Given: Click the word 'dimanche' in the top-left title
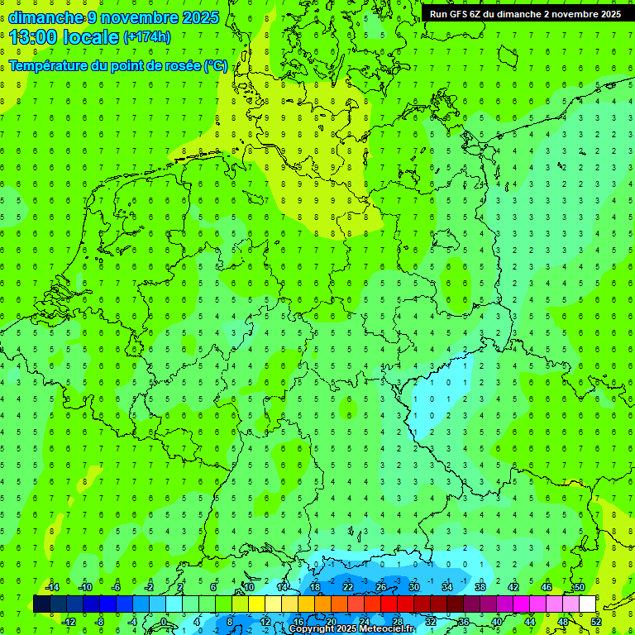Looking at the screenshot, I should (x=45, y=17).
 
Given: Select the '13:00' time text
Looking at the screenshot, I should (x=31, y=36).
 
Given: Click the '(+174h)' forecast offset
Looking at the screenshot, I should (x=147, y=37).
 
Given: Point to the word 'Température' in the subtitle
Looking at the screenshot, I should (x=50, y=65).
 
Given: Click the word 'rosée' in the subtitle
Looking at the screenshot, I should (x=179, y=65).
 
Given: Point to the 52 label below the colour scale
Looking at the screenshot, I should (x=596, y=621).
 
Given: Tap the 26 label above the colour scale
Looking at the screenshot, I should (x=381, y=587).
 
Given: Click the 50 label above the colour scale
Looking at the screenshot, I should (x=580, y=587).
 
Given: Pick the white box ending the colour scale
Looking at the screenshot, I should (x=587, y=604).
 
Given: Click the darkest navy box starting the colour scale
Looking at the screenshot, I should (x=41, y=604).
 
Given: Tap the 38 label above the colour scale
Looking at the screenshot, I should (x=480, y=587).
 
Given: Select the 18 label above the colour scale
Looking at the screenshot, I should (x=315, y=587).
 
